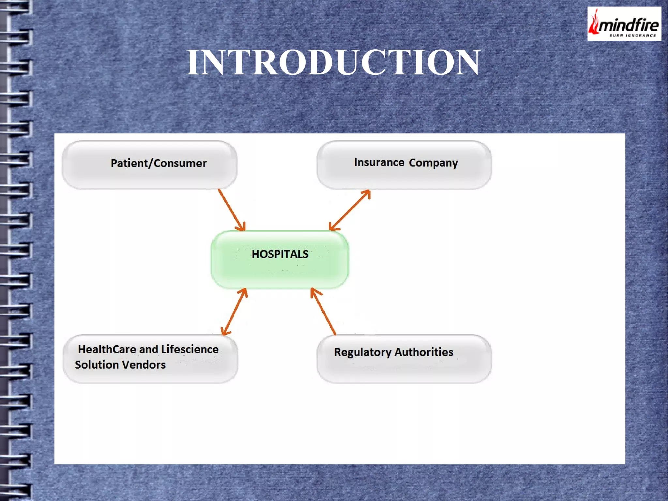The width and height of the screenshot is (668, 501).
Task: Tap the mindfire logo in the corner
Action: pos(624,24)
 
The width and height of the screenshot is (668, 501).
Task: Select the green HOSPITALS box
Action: pos(280,259)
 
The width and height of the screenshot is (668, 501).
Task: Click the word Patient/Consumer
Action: pos(159,163)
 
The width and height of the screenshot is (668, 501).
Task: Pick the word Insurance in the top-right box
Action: pos(379,162)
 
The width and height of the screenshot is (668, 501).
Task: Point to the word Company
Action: pos(433,163)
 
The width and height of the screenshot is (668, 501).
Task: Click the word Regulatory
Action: pos(362,352)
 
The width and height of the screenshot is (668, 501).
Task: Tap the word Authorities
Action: pos(424,352)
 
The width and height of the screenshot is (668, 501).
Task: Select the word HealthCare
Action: pos(107,349)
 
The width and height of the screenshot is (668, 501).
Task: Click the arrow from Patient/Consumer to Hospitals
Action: pos(232,210)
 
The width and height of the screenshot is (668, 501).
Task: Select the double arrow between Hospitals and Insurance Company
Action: pos(350,210)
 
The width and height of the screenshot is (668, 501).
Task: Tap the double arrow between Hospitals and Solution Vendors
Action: pos(234,312)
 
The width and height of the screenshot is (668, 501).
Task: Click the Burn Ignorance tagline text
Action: pos(632,35)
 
